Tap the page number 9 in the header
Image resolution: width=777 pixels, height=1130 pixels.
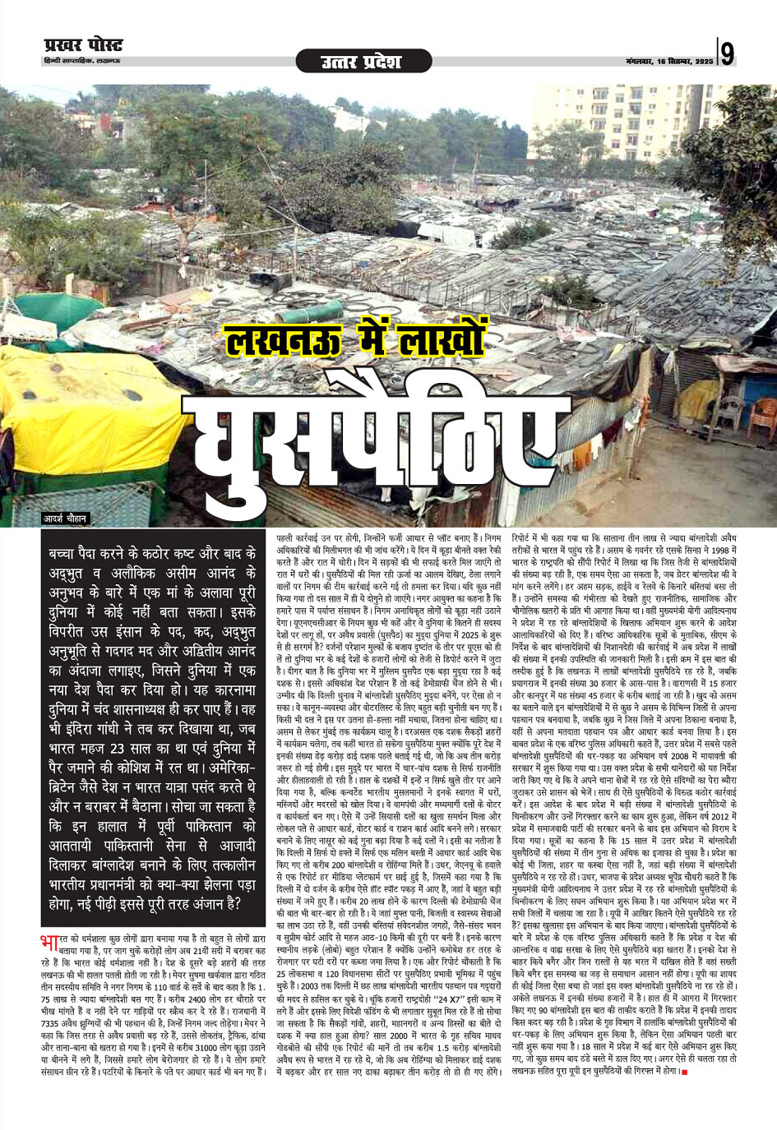pyautogui.click(x=728, y=54)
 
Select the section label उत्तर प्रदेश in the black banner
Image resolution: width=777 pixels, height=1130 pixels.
pyautogui.click(x=360, y=62)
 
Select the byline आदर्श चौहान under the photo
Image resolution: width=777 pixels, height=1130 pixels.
pyautogui.click(x=66, y=519)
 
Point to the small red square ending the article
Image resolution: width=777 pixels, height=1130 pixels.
pyautogui.click(x=683, y=1072)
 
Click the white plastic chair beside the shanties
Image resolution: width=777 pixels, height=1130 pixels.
pyautogui.click(x=728, y=408)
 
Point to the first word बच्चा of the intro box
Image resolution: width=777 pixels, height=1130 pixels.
pyautogui.click(x=66, y=555)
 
